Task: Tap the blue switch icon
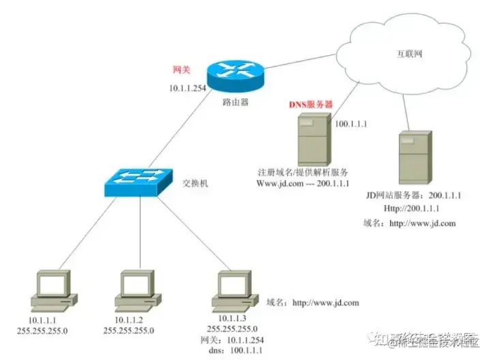(139, 180)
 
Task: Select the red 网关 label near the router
(181, 70)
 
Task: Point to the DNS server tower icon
(314, 139)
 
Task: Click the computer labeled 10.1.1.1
(54, 289)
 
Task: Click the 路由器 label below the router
(235, 102)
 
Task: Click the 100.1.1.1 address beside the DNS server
(351, 124)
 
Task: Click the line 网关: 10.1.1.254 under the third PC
(232, 339)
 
